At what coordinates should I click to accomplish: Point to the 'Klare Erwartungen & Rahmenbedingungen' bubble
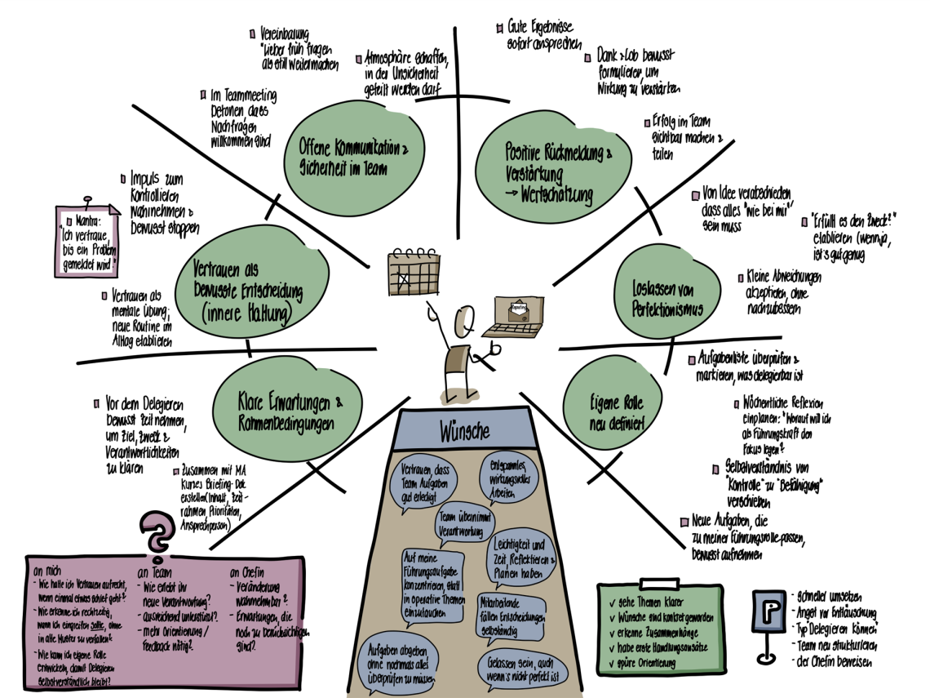click(286, 411)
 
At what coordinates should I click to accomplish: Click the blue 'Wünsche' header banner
click(464, 429)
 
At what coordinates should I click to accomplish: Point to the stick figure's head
click(465, 318)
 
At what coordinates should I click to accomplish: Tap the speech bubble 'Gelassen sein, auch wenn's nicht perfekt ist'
click(522, 665)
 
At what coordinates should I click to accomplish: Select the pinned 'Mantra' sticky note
click(86, 241)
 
